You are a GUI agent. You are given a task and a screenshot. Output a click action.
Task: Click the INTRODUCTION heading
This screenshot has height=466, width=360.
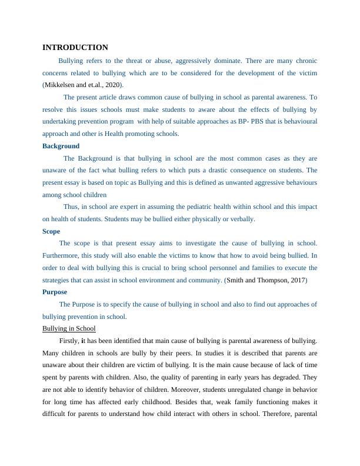[75, 48]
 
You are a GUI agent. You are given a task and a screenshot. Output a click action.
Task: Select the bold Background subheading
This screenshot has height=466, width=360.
[61, 146]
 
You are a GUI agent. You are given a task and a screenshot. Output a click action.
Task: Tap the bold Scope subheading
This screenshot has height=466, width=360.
[51, 231]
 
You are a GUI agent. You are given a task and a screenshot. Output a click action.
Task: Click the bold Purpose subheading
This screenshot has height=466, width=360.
[55, 292]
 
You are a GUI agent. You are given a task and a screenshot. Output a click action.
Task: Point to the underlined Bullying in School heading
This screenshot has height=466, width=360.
[69, 328]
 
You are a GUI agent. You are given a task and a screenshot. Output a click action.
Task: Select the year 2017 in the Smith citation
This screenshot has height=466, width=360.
[295, 280]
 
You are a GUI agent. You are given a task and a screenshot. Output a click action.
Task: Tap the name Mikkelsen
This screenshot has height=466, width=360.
[61, 85]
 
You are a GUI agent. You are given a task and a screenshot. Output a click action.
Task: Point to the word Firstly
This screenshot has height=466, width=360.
[69, 341]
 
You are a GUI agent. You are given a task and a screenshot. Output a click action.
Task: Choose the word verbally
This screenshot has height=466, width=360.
[241, 219]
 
